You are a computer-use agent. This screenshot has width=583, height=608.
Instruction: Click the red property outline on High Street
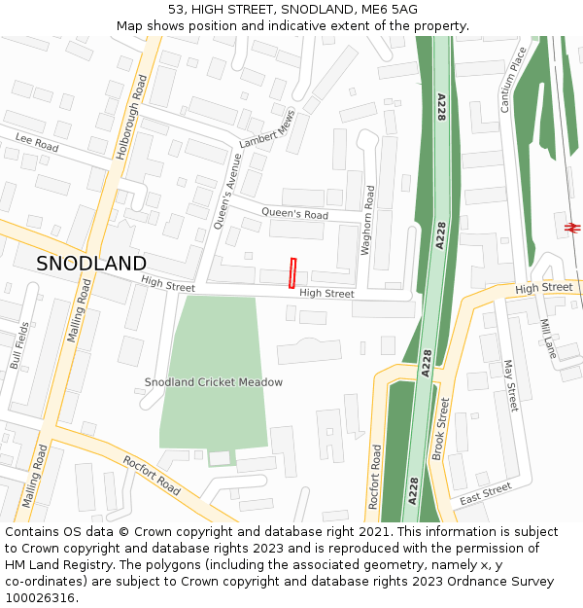click(x=292, y=272)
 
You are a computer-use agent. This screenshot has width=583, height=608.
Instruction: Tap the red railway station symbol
click(x=572, y=228)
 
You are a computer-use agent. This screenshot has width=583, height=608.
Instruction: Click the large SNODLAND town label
click(x=91, y=264)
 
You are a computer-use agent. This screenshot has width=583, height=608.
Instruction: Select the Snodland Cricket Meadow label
click(x=214, y=382)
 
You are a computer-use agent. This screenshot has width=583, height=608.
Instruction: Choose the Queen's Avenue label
click(x=226, y=191)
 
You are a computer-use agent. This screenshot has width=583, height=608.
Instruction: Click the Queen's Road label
click(x=295, y=214)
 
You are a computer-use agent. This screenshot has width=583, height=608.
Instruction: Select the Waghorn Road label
click(x=367, y=220)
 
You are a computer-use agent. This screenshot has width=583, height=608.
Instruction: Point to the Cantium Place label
click(x=513, y=79)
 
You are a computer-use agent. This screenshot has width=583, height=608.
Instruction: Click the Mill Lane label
click(x=549, y=339)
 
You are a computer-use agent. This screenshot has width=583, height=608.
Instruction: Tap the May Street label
click(x=509, y=384)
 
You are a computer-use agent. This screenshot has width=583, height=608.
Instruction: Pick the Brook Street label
click(x=440, y=429)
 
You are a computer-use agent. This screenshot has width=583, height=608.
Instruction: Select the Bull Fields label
click(x=18, y=345)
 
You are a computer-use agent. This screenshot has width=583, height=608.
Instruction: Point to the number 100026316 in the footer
click(x=40, y=598)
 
